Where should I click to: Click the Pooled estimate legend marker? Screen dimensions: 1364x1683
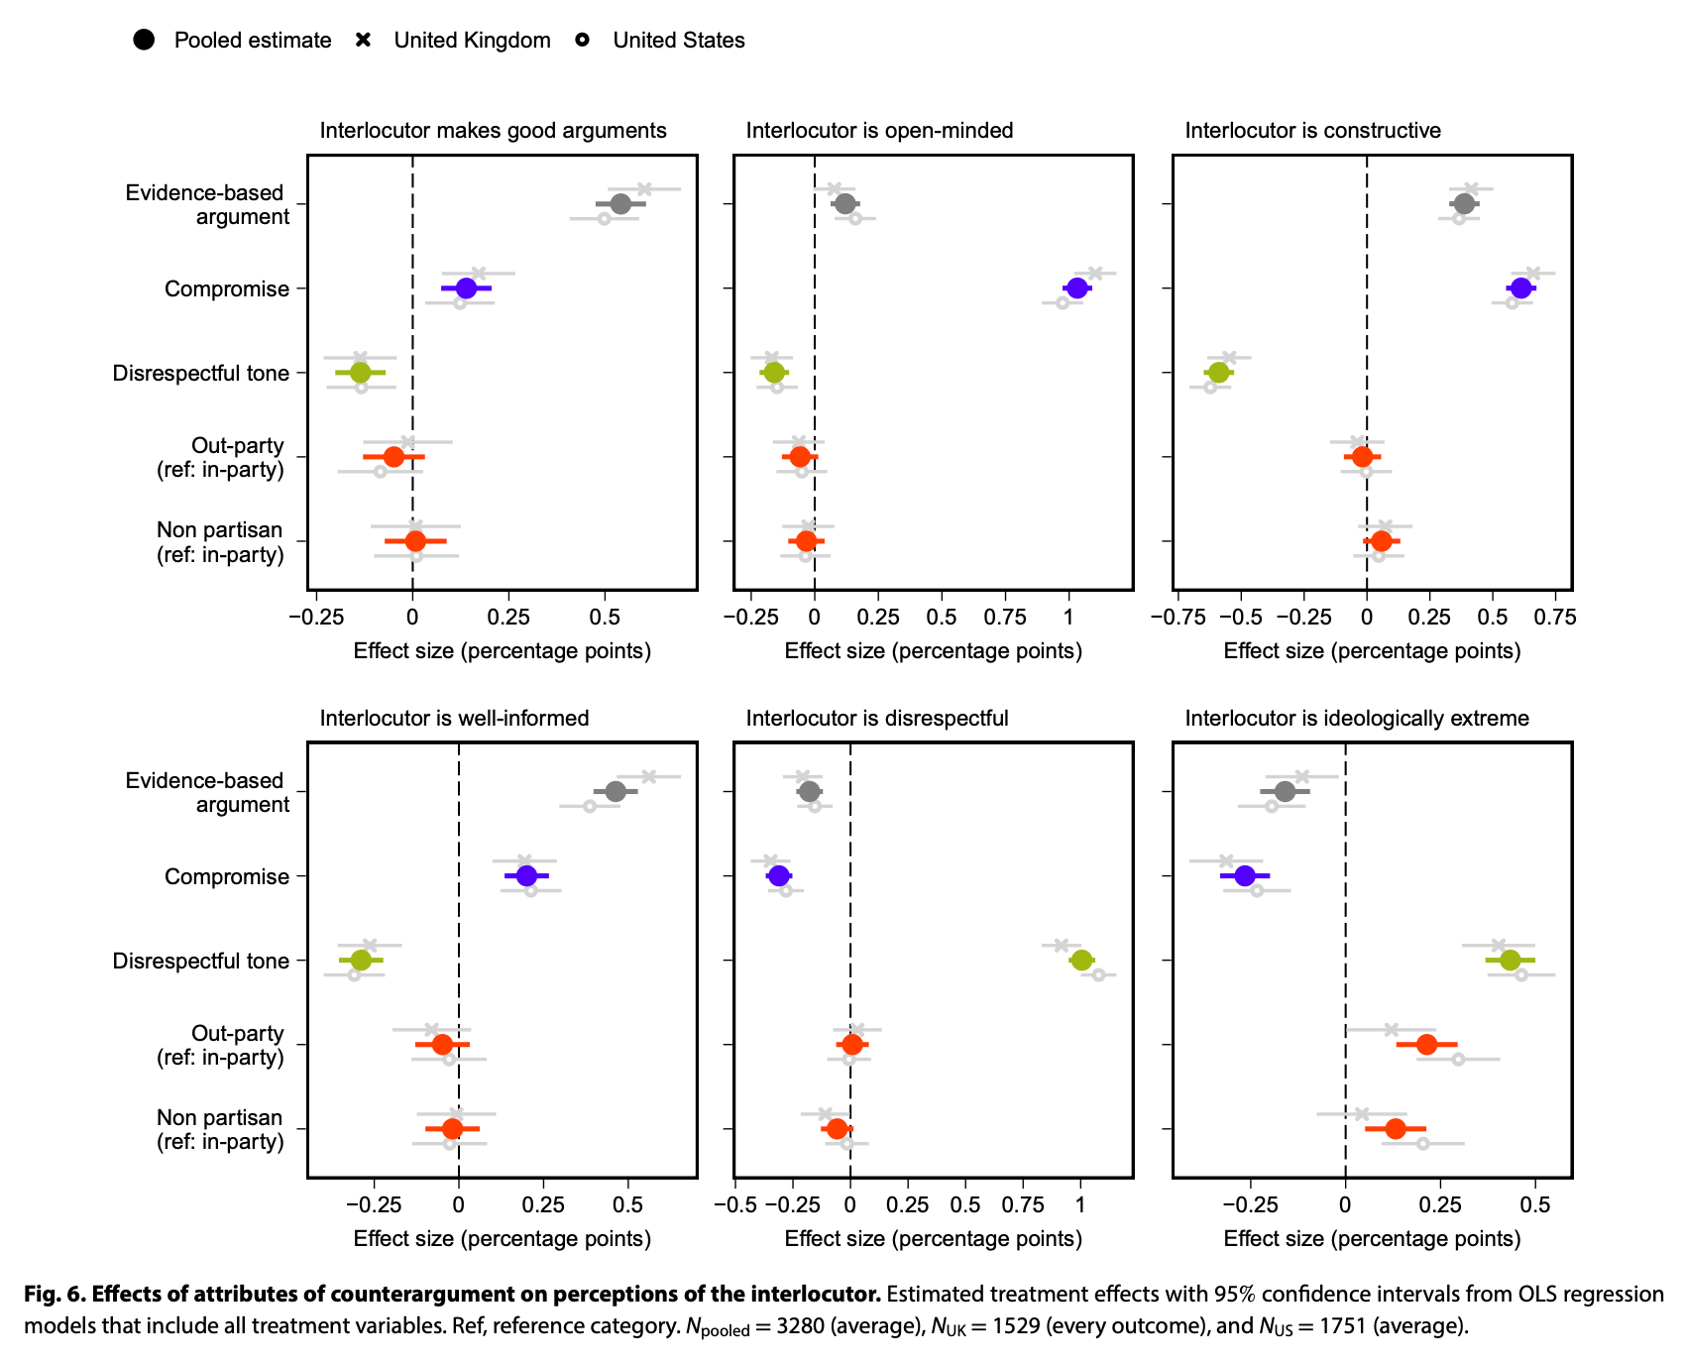144,40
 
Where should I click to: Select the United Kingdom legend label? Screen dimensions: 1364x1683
472,41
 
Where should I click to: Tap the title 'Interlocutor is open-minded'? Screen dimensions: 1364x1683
879,131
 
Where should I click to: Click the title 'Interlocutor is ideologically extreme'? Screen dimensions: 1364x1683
1357,719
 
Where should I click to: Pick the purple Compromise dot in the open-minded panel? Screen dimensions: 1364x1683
1076,288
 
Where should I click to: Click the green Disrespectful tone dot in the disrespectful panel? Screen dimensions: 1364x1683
1081,961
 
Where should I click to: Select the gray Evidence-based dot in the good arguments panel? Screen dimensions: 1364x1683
620,204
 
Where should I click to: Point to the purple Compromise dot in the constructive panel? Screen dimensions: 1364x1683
1520,288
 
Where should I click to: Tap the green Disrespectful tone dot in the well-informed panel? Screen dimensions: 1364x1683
361,961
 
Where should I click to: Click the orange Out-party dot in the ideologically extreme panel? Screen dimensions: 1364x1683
1426,1045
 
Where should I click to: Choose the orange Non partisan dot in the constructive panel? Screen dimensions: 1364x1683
1381,541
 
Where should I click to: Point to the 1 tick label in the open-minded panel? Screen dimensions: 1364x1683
1067,618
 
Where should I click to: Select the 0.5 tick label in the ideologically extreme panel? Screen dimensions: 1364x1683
1535,1205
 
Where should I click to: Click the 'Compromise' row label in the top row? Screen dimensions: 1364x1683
227,289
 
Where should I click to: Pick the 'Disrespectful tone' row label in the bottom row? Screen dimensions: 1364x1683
201,962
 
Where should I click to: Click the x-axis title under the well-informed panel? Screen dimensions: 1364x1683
502,1239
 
